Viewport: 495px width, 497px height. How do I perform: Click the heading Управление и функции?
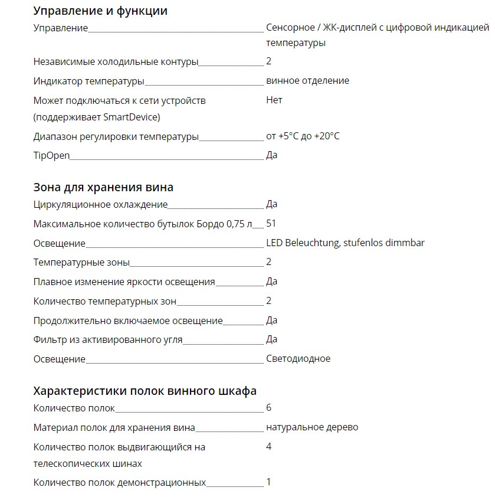[x=100, y=11]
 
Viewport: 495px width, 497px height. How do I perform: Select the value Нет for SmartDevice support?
[x=274, y=100]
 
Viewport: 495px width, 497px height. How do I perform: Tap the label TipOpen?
[x=51, y=155]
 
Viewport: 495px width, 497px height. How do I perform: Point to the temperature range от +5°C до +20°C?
[x=303, y=136]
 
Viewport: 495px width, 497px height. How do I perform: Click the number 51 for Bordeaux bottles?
[x=271, y=223]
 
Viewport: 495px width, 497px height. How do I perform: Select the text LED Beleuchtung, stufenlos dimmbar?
[x=345, y=243]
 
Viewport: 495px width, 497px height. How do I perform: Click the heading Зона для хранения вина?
[x=103, y=187]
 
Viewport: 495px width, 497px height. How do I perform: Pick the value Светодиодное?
[x=298, y=358]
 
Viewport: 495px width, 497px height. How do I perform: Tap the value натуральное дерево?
[x=312, y=427]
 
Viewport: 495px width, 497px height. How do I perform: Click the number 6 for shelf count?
[x=268, y=407]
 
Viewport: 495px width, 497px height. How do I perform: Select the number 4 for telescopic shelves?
[x=268, y=446]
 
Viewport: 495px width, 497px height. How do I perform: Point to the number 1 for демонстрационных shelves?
[x=268, y=482]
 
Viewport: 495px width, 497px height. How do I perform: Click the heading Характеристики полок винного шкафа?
[x=145, y=391]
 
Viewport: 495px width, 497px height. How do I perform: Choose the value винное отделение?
[x=307, y=80]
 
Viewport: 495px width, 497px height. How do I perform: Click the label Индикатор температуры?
[x=88, y=81]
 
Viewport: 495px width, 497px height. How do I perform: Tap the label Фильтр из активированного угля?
[x=107, y=339]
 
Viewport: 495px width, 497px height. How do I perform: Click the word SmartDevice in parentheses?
[x=130, y=117]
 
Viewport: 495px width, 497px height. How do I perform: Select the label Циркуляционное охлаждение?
[x=100, y=204]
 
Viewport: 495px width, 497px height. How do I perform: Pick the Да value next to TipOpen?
[x=271, y=155]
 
